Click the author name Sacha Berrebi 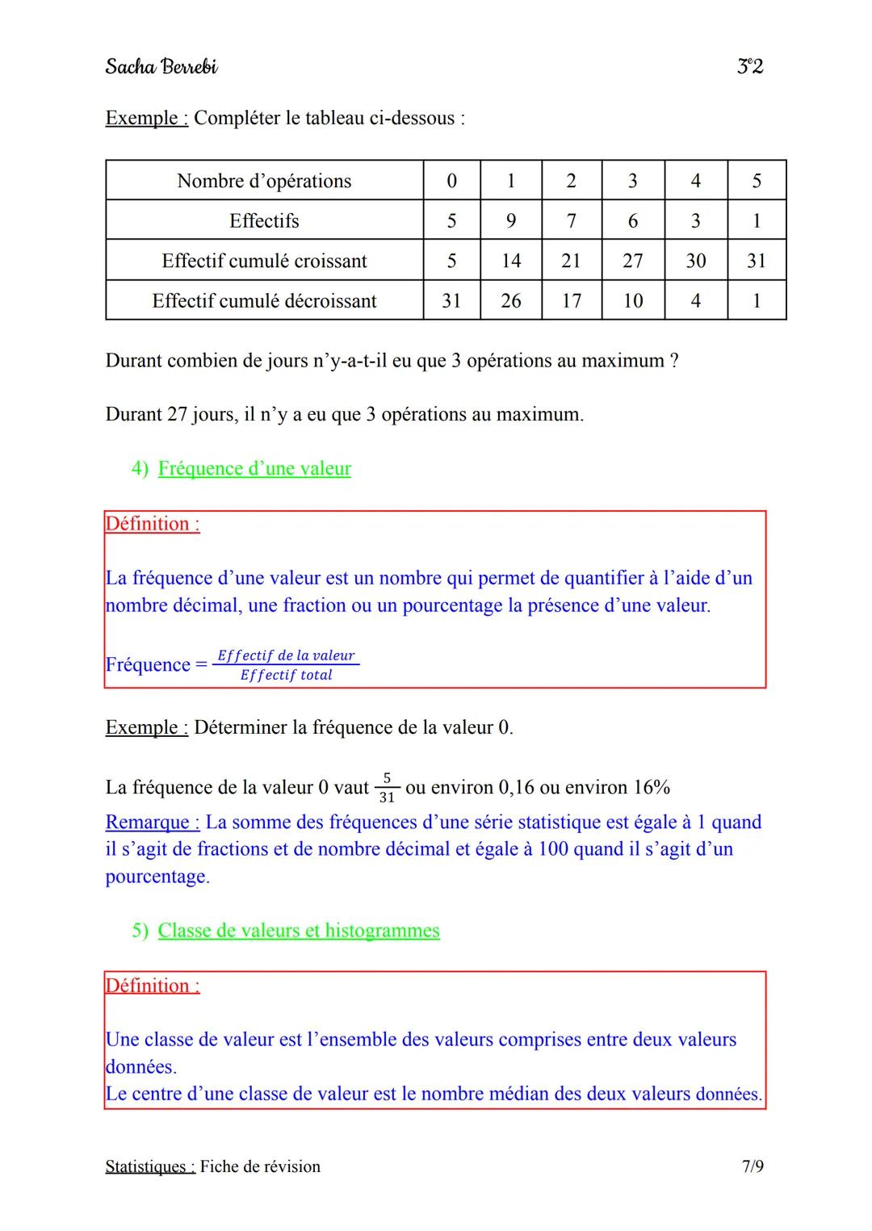coord(161,66)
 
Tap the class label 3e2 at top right coord(750,66)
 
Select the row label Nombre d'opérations coord(264,181)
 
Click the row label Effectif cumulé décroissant coord(264,301)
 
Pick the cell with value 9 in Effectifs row coord(510,220)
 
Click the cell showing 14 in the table coord(510,261)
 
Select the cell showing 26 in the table coord(510,301)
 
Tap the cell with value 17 coord(571,301)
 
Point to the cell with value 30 coord(695,261)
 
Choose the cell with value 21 coord(571,261)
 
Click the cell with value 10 coord(633,301)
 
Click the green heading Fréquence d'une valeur coord(254,469)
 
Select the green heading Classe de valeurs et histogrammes coord(299,931)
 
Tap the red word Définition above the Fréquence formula coord(152,524)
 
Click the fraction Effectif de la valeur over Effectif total coord(286,665)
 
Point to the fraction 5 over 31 coord(387,788)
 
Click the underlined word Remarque coord(152,823)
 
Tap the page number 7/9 coord(753,1166)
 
